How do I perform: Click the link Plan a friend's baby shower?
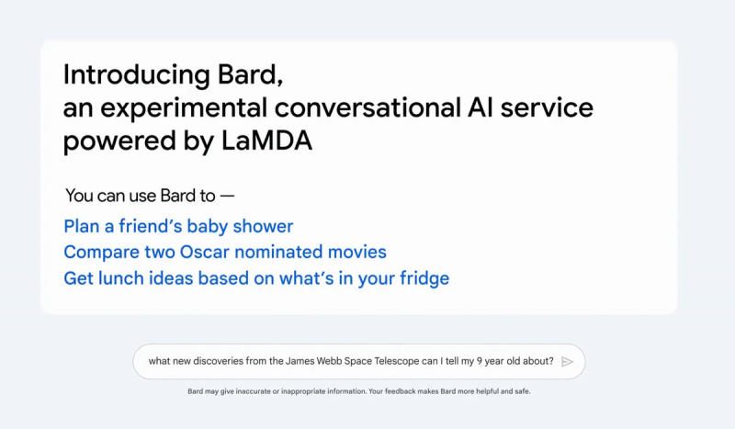(178, 226)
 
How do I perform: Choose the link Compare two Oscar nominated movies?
(225, 252)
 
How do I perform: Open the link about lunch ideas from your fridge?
(256, 277)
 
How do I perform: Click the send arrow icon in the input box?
(567, 361)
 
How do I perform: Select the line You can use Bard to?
(150, 196)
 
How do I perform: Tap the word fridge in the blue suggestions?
(421, 277)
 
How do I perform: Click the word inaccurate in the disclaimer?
(261, 391)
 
